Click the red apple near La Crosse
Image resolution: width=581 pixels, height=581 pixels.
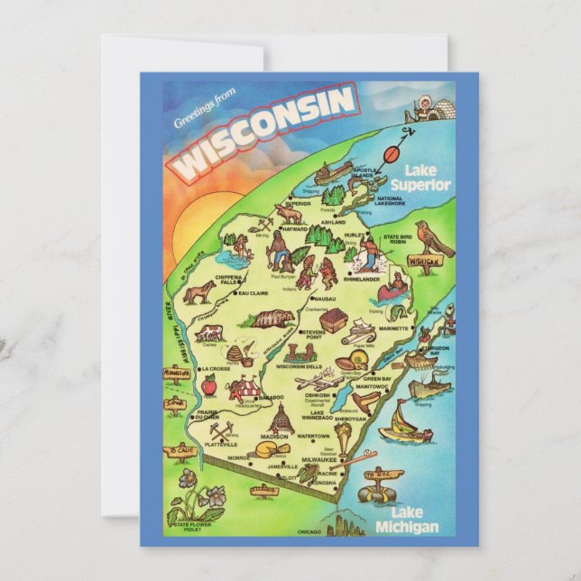pos(209,386)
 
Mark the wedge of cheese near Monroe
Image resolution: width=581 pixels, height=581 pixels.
pos(270,448)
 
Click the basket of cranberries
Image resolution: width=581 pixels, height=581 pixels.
pos(335,321)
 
